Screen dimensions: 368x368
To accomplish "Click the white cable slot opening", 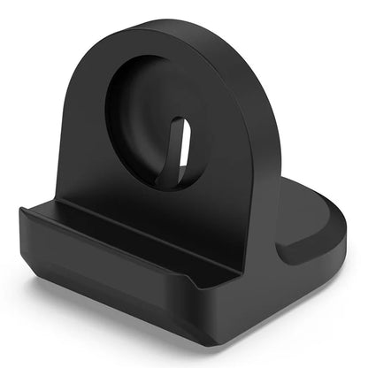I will (x=184, y=144).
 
